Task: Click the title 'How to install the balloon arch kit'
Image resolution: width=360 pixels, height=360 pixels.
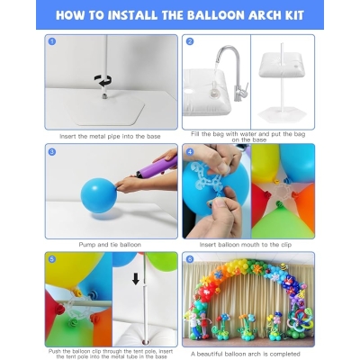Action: coord(180,15)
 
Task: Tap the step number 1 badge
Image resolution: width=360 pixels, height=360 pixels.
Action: coord(52,42)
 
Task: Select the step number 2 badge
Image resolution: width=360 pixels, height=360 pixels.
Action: coord(190,42)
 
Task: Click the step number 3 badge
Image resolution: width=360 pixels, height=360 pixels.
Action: coord(52,151)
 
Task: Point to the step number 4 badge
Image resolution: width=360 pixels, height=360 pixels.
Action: coord(190,151)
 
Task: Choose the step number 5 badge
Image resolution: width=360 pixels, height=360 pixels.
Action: coord(52,259)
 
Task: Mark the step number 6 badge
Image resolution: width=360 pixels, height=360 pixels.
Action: coord(190,259)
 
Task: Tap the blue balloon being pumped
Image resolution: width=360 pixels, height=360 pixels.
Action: coord(94,193)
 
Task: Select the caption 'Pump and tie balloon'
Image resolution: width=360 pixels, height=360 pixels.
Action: coord(111,244)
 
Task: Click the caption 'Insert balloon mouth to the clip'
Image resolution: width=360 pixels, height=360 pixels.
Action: coord(248,244)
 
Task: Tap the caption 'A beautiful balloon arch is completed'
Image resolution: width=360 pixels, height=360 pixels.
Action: coord(248,353)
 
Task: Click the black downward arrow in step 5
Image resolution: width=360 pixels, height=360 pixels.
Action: coord(136,278)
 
